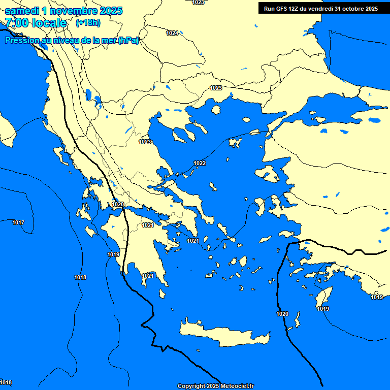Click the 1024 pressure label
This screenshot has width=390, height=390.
point(172,33)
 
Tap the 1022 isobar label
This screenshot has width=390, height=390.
point(200,163)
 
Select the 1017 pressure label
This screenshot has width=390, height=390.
point(18,223)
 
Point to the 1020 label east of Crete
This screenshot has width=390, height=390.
point(282,314)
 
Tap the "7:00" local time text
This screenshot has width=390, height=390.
point(17,23)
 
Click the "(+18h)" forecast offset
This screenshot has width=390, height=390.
point(88,23)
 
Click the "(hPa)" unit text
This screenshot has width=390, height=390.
point(128,41)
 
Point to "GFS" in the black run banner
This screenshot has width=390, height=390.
point(282,9)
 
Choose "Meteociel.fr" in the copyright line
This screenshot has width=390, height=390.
point(234,386)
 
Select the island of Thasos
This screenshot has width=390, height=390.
point(216,110)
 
